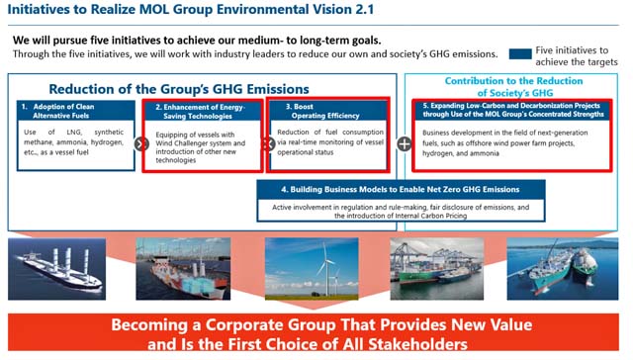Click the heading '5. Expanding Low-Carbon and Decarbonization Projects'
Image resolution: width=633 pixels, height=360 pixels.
[512, 110]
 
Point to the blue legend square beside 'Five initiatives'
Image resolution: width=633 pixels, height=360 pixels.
[519, 54]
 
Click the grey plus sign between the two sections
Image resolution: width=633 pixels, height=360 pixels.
[404, 143]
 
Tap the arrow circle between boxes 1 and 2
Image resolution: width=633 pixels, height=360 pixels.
[140, 143]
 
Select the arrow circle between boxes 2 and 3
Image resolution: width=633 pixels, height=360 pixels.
[266, 143]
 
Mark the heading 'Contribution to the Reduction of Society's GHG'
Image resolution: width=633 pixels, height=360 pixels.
[515, 87]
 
